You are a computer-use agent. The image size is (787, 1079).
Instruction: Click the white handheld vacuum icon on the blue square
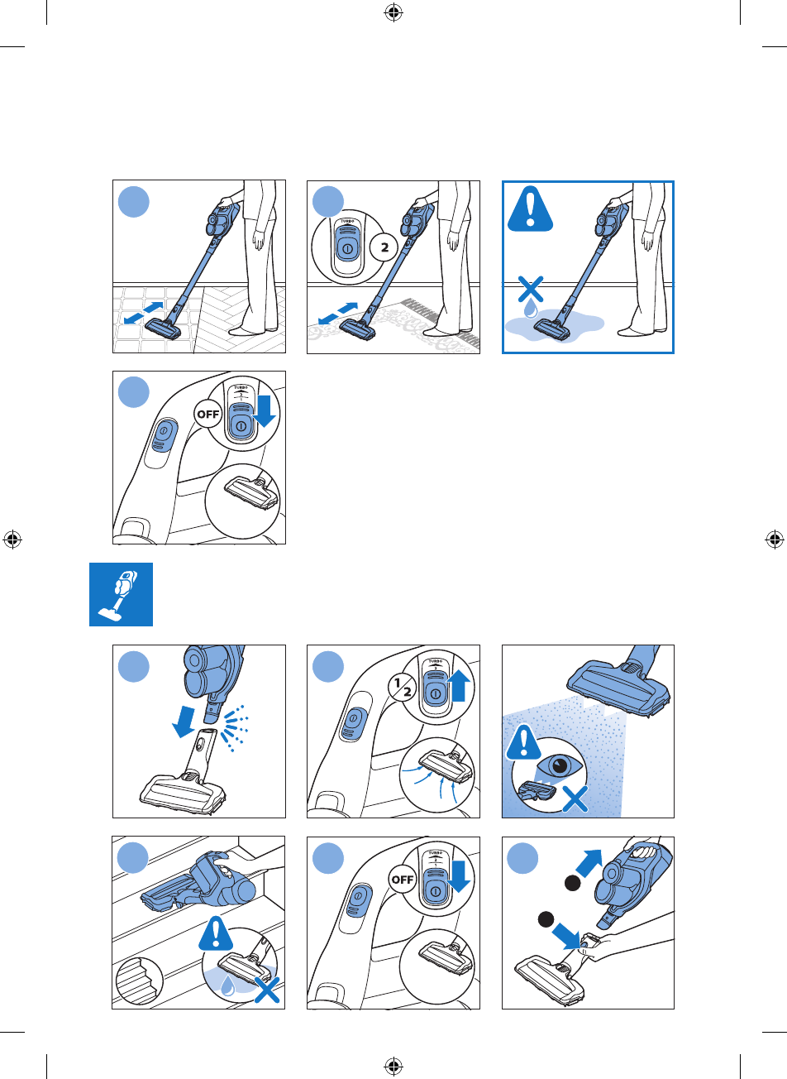coord(121,594)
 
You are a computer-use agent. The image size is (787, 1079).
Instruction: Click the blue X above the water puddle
coord(530,290)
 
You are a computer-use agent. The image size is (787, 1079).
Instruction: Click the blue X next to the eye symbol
coord(575,798)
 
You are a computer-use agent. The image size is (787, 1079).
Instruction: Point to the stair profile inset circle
coord(140,983)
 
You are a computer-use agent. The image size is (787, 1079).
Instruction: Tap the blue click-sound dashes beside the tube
coord(231,727)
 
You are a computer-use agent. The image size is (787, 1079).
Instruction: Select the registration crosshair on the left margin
coord(12,539)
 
